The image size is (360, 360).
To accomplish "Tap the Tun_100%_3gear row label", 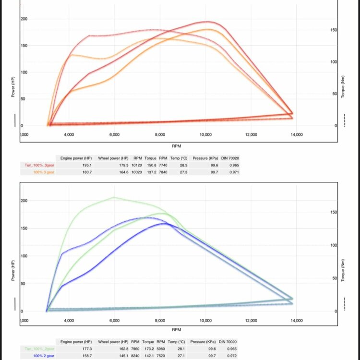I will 39,165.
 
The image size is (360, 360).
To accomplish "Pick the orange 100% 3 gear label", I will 44,172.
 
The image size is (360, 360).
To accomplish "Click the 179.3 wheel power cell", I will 121,165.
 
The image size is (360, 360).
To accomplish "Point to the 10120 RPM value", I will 138,165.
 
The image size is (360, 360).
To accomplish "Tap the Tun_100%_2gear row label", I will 39,349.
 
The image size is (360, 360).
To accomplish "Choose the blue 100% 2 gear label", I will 44,356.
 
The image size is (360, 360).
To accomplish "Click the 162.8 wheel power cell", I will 121,349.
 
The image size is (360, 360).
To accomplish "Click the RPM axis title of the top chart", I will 176,145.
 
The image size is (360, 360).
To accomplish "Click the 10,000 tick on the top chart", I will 205,135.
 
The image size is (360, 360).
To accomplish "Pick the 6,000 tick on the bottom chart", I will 114,320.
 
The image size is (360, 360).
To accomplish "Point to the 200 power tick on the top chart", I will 24,19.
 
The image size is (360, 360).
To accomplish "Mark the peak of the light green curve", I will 114,197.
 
